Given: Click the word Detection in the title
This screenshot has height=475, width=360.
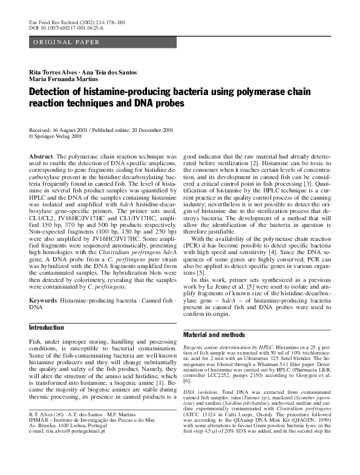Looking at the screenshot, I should [55, 92].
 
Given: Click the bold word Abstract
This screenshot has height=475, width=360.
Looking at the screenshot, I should [41, 156].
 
